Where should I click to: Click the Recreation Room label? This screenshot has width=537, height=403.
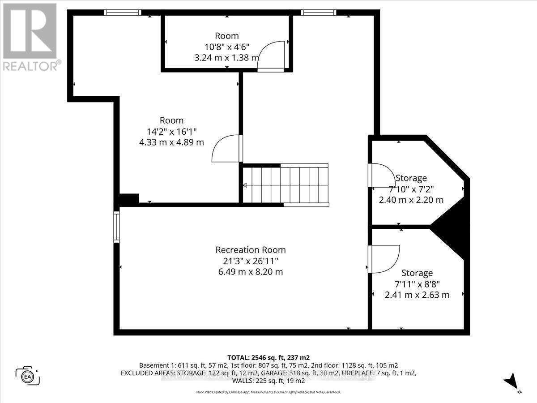[250, 250]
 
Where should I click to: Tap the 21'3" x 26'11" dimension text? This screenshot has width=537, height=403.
[250, 261]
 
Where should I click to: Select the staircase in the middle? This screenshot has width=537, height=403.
[286, 184]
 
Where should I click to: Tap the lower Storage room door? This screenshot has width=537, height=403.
[383, 259]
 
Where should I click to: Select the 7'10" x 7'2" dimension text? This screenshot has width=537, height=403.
[411, 189]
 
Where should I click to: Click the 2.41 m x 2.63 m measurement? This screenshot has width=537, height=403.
[417, 295]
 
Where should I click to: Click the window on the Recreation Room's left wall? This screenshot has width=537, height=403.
[117, 227]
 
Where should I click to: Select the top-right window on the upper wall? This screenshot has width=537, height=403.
[319, 13]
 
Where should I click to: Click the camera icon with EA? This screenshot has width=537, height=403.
[28, 375]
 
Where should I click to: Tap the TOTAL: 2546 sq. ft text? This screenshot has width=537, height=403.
[268, 357]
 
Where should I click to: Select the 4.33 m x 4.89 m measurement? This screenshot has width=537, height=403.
[172, 142]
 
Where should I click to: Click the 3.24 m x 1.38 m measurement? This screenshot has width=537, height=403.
[226, 57]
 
